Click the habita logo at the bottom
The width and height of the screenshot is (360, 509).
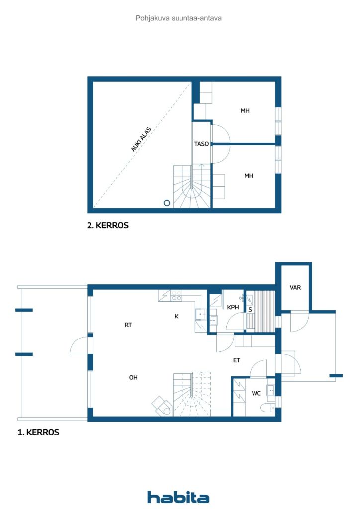pos(178,497)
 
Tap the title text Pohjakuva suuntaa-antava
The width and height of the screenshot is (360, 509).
pos(179,18)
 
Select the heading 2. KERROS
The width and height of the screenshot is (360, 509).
pos(108,225)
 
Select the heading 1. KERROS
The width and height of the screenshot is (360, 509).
pos(38,432)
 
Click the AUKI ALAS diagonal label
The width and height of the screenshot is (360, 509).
pos(141,139)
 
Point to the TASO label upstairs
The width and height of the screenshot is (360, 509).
pos(201,144)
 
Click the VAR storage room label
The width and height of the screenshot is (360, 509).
pos(295,287)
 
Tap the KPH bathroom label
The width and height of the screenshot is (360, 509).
pos(233,308)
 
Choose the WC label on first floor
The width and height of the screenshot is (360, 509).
pos(256,393)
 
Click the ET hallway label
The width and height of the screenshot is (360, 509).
pos(237,360)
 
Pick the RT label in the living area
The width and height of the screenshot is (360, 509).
pos(128,325)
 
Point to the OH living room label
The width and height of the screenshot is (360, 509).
pos(133,378)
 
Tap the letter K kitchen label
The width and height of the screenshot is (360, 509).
pos(176,316)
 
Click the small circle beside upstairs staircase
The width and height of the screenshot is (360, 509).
pos(167,203)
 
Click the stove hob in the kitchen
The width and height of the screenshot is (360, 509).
pos(177,296)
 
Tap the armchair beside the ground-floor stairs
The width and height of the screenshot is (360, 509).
pos(161,406)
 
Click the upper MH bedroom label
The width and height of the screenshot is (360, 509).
pos(245,111)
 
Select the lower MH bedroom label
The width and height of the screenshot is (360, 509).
pos(249,176)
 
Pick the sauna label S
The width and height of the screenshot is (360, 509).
pos(250,309)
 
